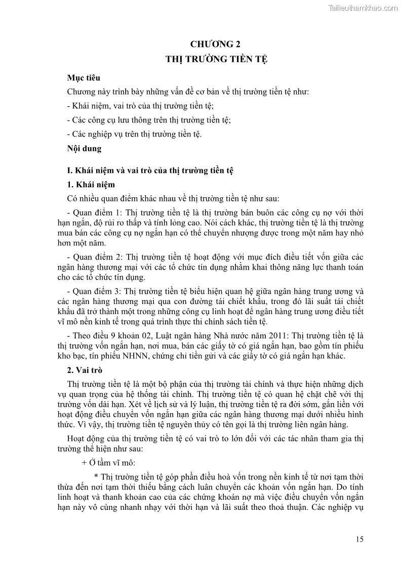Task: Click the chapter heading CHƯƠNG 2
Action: pyautogui.click(x=216, y=43)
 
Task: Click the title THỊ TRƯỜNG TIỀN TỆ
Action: pyautogui.click(x=216, y=59)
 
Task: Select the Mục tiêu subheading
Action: pyautogui.click(x=84, y=78)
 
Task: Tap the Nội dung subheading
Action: pyautogui.click(x=84, y=149)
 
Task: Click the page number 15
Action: pyautogui.click(x=359, y=539)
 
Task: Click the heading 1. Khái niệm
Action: pyautogui.click(x=91, y=185)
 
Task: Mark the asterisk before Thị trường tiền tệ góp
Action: pyautogui.click(x=96, y=477)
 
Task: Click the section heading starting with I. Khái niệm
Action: pyautogui.click(x=150, y=170)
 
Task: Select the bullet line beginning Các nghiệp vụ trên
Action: pyautogui.click(x=134, y=134)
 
